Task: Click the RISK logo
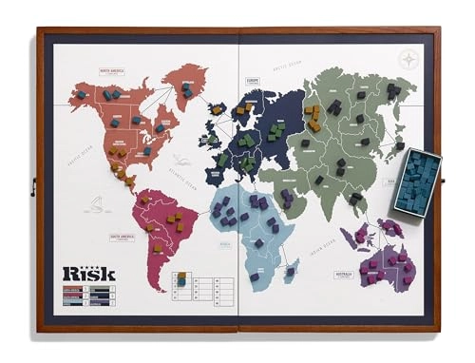(88, 274)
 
